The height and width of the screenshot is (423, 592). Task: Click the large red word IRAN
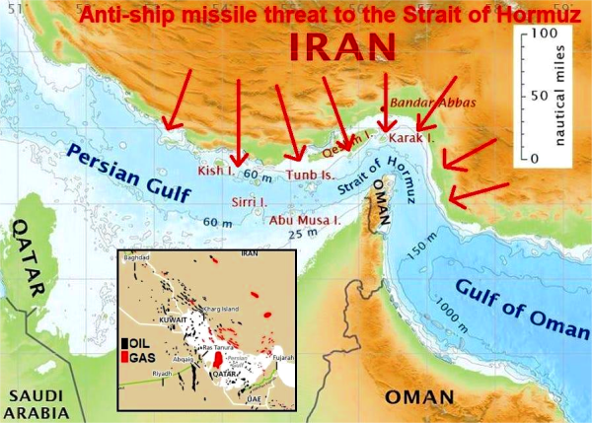[x=343, y=46]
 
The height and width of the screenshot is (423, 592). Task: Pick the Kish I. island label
[x=216, y=171]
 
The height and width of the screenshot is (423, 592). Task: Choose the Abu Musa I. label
[x=305, y=220]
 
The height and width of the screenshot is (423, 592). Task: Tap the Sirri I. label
[x=249, y=202]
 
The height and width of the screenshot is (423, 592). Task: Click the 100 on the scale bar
[x=541, y=34]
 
